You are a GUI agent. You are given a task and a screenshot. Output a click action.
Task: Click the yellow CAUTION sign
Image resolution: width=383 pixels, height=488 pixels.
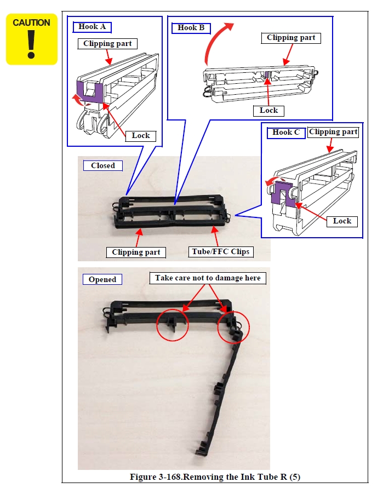(32, 39)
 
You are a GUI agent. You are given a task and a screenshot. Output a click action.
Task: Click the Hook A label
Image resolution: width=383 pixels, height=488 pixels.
(92, 27)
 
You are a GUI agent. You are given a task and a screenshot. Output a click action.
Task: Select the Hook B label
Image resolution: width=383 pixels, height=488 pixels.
(191, 28)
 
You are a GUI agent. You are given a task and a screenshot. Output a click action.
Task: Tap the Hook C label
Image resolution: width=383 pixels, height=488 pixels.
(286, 133)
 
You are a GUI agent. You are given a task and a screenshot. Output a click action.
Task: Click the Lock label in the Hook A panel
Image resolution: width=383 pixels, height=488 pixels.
(141, 136)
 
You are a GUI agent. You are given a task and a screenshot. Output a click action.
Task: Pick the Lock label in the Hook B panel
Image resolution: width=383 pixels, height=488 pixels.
(268, 111)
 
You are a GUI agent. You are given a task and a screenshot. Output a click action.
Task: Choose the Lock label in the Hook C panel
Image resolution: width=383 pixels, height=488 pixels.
(342, 221)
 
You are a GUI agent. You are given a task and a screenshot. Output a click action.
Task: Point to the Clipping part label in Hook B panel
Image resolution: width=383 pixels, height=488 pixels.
(291, 38)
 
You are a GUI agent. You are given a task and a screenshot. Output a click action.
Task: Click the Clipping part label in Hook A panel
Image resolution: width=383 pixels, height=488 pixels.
(107, 44)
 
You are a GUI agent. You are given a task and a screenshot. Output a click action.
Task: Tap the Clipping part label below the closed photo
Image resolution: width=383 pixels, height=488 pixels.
(136, 252)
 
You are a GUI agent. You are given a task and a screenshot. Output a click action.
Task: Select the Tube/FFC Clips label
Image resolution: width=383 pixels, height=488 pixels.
(221, 252)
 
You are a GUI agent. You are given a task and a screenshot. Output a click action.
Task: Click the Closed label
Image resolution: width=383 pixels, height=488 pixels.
(103, 166)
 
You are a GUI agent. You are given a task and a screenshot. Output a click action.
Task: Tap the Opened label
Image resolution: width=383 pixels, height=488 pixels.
(102, 279)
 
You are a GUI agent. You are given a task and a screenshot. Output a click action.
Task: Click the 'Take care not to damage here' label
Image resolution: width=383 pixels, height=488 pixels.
(208, 278)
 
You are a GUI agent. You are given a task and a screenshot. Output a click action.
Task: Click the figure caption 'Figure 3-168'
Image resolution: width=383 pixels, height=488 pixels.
(215, 477)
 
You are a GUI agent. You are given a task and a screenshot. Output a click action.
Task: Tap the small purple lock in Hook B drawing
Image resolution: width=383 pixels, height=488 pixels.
(266, 74)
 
